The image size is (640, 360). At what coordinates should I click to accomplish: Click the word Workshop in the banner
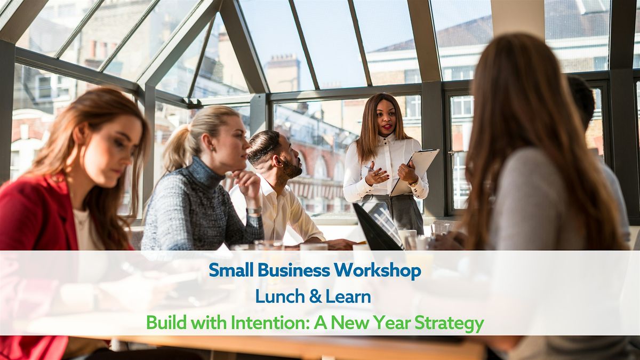(x=378, y=270)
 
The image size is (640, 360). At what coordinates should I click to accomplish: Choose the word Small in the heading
(x=231, y=270)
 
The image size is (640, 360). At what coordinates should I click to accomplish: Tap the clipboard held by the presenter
(x=415, y=171)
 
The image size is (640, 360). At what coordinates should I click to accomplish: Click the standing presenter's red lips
(x=387, y=126)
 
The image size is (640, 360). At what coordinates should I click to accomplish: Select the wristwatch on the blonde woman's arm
(x=254, y=211)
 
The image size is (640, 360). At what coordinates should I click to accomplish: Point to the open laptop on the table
(x=378, y=226)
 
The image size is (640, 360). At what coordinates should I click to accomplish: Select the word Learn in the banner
(x=348, y=297)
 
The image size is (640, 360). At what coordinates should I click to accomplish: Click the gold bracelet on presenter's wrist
(x=413, y=183)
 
